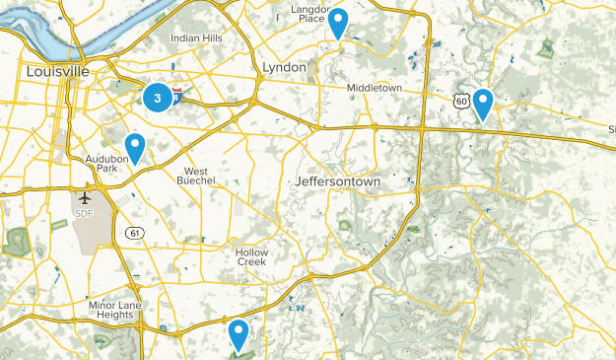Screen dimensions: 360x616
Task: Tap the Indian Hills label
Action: point(196,37)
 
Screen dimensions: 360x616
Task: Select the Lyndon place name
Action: point(286,66)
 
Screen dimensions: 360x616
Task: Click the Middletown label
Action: point(374,88)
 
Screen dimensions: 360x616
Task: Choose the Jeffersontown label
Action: point(337,182)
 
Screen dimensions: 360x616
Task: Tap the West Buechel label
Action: point(203,174)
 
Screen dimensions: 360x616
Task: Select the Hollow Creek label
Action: point(251,256)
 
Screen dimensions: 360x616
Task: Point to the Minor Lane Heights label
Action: point(115,311)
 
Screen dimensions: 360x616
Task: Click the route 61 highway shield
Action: point(132,232)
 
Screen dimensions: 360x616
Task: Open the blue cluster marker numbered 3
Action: point(157,98)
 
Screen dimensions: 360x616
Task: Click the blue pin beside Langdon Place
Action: point(337,22)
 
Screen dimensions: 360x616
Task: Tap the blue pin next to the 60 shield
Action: point(482,102)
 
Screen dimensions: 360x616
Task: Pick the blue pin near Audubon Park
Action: point(135,146)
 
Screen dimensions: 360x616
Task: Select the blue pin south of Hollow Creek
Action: point(238,333)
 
